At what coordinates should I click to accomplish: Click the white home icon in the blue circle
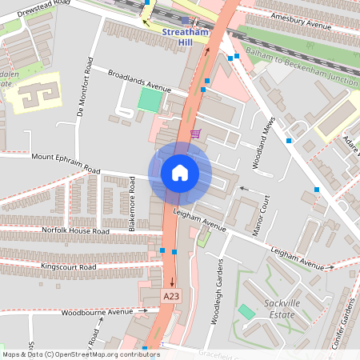[179, 173]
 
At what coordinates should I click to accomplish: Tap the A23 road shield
[170, 296]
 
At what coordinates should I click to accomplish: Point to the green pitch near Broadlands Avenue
[150, 100]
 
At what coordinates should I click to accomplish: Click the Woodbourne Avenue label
[100, 311]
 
